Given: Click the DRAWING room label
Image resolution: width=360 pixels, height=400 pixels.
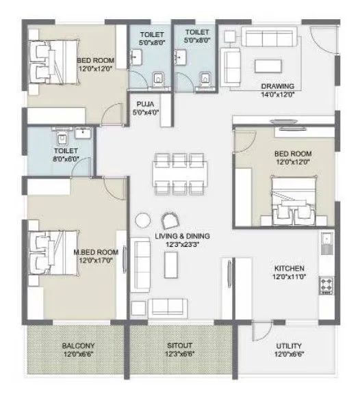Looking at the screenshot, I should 277,86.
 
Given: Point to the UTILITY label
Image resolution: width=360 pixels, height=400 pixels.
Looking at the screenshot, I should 289,347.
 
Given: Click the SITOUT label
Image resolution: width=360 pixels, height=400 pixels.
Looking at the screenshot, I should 181,347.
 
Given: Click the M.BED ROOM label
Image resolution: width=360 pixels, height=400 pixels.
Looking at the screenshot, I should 96,252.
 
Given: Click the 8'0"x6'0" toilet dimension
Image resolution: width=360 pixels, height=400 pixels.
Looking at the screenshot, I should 66,158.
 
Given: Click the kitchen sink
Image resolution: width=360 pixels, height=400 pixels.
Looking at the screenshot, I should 325,241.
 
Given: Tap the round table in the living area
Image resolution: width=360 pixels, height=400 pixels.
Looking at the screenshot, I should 142,220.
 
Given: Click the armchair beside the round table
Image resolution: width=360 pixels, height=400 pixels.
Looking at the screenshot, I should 168,220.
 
